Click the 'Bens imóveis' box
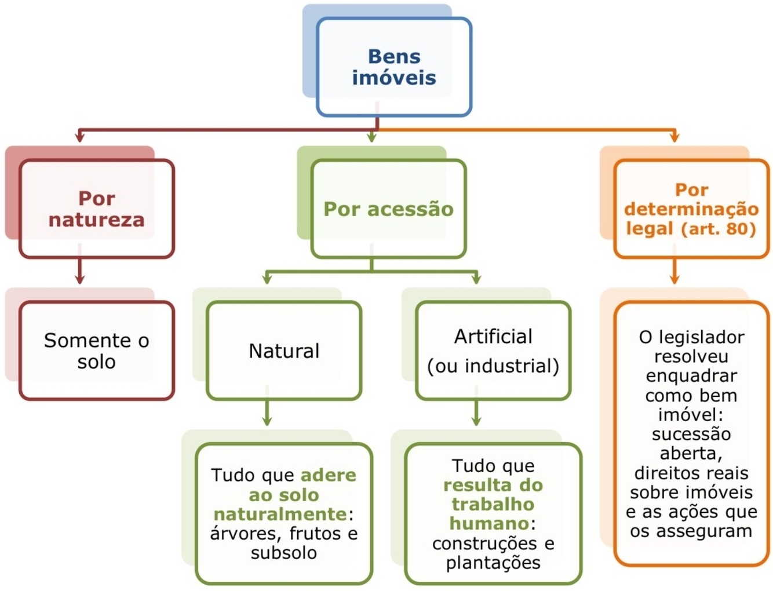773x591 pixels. click(394, 67)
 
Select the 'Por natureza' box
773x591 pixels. click(97, 209)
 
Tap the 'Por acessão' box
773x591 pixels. click(388, 209)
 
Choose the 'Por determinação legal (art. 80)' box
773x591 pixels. click(691, 209)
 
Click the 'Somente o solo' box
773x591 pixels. click(97, 351)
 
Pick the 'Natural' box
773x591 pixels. click(284, 351)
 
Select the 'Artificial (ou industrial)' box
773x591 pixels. click(493, 351)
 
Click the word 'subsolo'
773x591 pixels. click(284, 553)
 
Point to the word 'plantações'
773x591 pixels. click(493, 563)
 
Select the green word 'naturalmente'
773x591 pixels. click(280, 514)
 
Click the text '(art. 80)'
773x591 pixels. click(719, 228)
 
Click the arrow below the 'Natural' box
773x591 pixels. click(267, 413)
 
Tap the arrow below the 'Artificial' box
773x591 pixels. click(476, 413)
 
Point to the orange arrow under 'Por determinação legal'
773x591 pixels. click(674, 271)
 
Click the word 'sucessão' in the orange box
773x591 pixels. click(691, 434)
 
